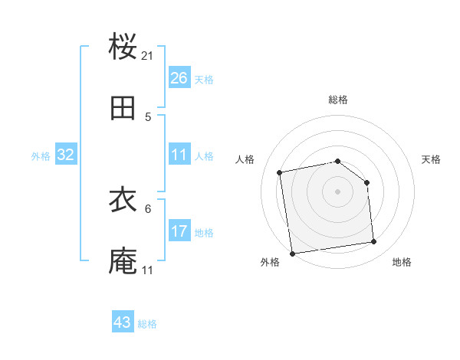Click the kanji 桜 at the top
[x=123, y=47]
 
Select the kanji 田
[x=123, y=108]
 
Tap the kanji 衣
[x=123, y=200]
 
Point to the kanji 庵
[x=123, y=261]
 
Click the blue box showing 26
[x=179, y=78]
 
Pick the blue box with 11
[x=179, y=155]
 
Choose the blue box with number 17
[x=179, y=231]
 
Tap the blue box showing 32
[x=66, y=155]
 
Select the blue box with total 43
[x=123, y=322]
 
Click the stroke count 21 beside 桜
[x=148, y=56]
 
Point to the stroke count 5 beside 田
[x=148, y=117]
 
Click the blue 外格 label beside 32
[x=41, y=156]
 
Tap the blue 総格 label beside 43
[x=147, y=324]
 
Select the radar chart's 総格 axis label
[x=338, y=100]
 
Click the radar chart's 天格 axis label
[x=431, y=159]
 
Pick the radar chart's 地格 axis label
[x=402, y=263]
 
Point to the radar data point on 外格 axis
[x=292, y=253]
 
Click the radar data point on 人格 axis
[x=280, y=172]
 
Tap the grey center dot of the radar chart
[x=338, y=191]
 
